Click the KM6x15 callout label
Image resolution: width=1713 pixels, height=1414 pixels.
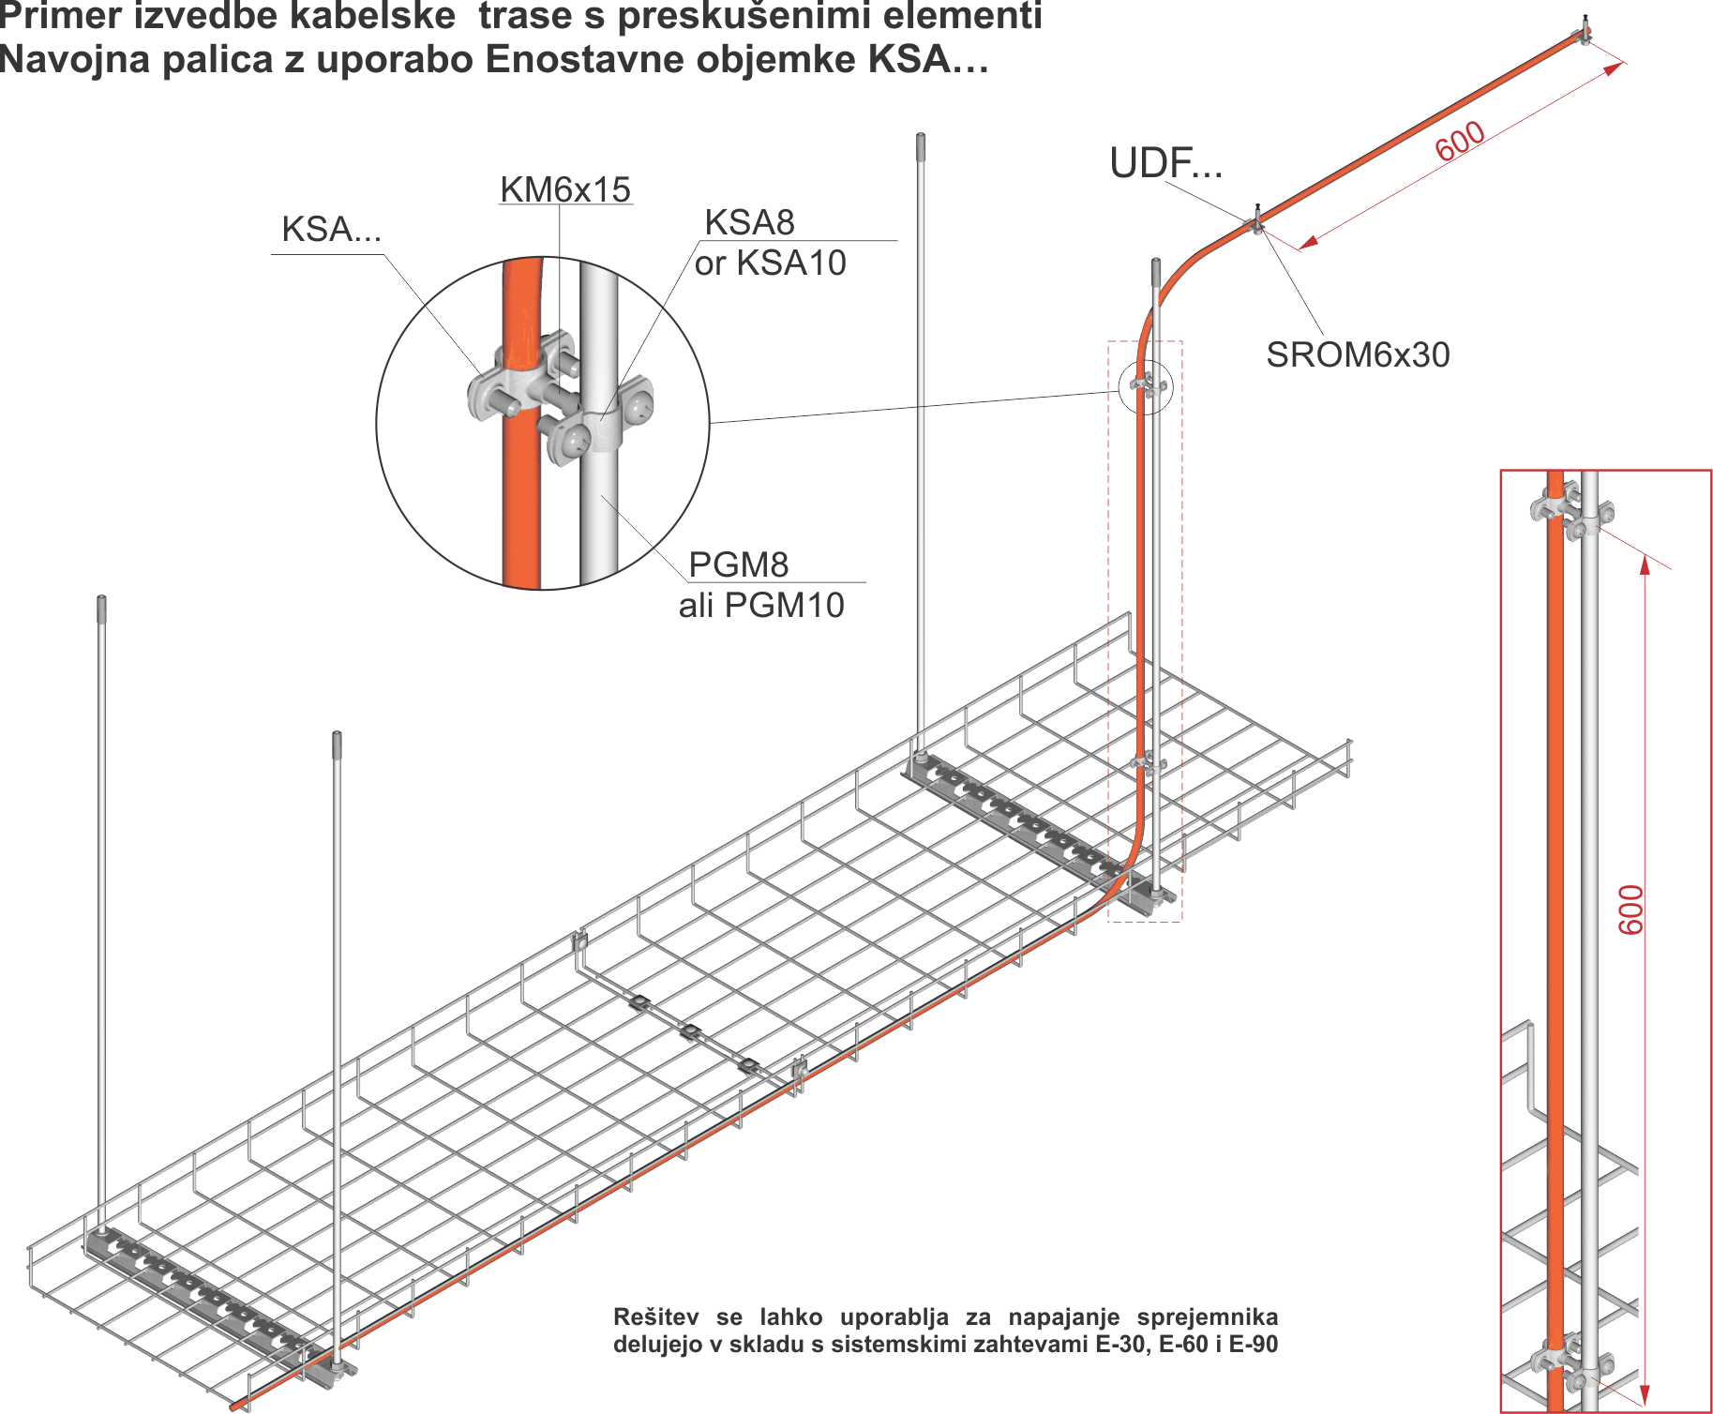[564, 189]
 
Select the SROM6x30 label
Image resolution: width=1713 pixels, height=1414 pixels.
[1358, 354]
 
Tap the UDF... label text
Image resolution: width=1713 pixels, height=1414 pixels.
[1166, 164]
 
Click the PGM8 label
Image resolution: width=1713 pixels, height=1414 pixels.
[738, 564]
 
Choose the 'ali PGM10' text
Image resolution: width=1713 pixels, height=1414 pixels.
[761, 605]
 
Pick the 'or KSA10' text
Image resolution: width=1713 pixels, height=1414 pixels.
[770, 263]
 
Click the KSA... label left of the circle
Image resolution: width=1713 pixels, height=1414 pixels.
[331, 230]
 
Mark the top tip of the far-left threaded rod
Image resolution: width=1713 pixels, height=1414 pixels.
[101, 598]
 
